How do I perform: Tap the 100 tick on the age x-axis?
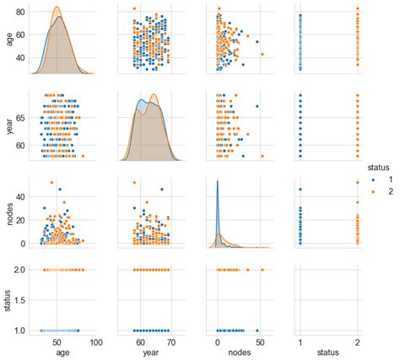tap(95, 342)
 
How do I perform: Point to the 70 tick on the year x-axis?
tap(171, 342)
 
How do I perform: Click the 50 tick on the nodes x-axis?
tap(259, 342)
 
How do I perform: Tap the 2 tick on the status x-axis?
tap(358, 342)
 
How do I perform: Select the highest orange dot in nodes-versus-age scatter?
tap(51, 182)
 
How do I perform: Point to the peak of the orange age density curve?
tap(57, 8)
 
